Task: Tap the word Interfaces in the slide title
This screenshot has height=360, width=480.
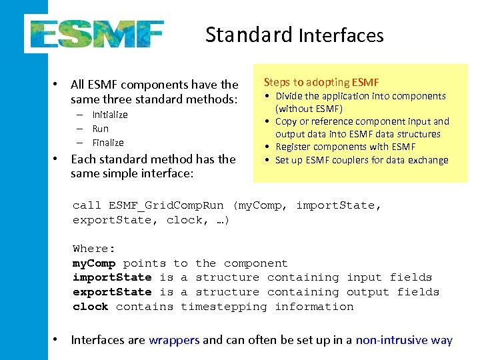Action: [341, 35]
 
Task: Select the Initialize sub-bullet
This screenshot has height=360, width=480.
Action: [110, 115]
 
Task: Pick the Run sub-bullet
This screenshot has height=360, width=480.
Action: [101, 129]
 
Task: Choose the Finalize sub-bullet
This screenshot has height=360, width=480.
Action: [108, 143]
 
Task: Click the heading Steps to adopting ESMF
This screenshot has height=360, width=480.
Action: [321, 82]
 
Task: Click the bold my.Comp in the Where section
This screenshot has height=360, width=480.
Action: [94, 263]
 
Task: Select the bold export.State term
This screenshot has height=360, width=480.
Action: [112, 292]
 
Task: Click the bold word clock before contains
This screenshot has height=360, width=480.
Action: [91, 307]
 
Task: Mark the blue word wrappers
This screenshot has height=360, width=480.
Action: [174, 340]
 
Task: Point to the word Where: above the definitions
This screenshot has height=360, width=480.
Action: [94, 249]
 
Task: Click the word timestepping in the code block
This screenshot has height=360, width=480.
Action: [223, 307]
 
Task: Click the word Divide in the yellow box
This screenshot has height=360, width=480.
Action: [290, 96]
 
